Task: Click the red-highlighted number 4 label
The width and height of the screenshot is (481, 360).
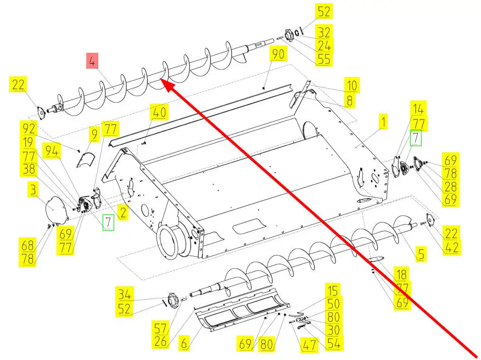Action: pyautogui.click(x=92, y=61)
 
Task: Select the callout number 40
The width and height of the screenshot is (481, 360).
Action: pyautogui.click(x=159, y=112)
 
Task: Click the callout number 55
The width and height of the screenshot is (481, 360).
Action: pyautogui.click(x=324, y=59)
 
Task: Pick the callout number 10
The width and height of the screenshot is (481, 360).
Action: pyautogui.click(x=351, y=86)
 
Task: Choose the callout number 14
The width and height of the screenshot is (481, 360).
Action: pyautogui.click(x=419, y=108)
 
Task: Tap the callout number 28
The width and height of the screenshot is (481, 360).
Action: pyautogui.click(x=450, y=186)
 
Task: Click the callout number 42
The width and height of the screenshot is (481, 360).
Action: pyautogui.click(x=452, y=247)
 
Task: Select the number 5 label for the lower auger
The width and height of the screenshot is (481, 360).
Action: pyautogui.click(x=421, y=254)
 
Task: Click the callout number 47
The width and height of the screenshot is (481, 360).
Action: pyautogui.click(x=309, y=345)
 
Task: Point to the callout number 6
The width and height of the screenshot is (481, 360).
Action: pyautogui.click(x=184, y=344)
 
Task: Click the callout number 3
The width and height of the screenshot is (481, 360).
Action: pyautogui.click(x=33, y=190)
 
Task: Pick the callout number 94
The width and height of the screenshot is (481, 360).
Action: pyautogui.click(x=52, y=151)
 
